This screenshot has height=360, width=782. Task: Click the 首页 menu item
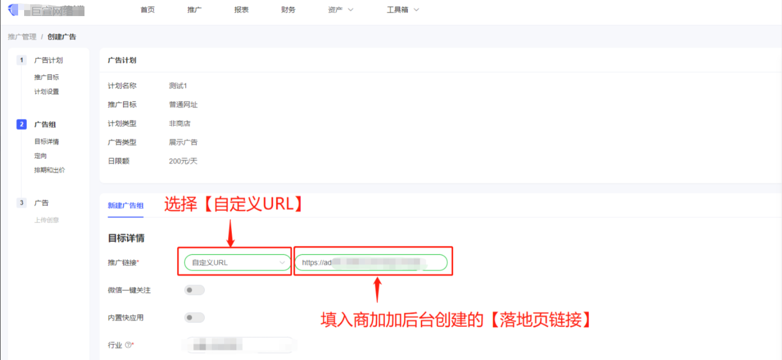[x=147, y=10]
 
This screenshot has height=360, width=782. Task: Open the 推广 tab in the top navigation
[x=194, y=10]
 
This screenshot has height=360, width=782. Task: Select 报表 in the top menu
[x=241, y=10]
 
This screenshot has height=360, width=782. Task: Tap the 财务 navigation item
[x=288, y=10]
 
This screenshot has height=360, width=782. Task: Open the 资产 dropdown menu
[x=340, y=10]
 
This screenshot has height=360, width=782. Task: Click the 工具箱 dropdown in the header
[x=402, y=10]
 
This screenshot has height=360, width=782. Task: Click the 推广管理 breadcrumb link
[x=22, y=37]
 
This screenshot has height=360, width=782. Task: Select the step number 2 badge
[x=22, y=124]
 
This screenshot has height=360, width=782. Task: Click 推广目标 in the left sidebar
[x=47, y=77]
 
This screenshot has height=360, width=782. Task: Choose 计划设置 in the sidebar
[x=47, y=92]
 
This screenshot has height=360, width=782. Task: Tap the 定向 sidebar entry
[x=41, y=156]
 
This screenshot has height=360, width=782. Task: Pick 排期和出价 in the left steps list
[x=49, y=170]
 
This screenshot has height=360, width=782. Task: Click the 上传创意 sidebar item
[x=47, y=220]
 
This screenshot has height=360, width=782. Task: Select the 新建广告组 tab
[x=126, y=205]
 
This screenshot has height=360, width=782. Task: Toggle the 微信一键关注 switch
[x=195, y=290]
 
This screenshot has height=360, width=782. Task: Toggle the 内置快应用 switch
[x=195, y=318]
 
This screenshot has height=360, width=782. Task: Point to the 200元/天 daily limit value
[x=183, y=161]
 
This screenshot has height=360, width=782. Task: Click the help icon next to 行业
[x=128, y=345]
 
